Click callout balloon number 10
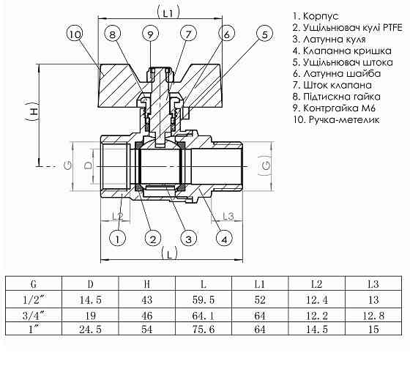[x=75, y=33]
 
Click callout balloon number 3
[x=188, y=239]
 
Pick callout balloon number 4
[x=224, y=239]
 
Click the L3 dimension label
[x=227, y=215]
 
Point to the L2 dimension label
[x=116, y=215]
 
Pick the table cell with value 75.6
[x=202, y=329]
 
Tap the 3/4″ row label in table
[x=33, y=314]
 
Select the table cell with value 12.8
[x=372, y=314]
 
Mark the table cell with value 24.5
[x=89, y=329]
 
